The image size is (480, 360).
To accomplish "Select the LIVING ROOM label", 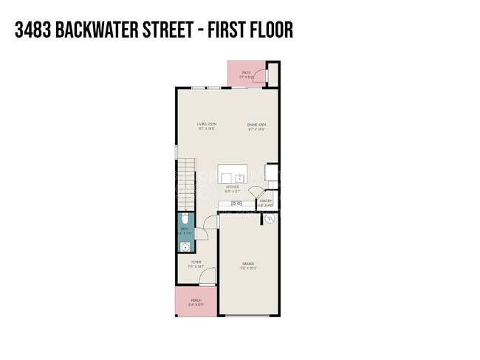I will click(206, 125).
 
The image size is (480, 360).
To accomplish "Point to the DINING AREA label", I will click(256, 125).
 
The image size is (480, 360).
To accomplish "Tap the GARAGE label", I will click(249, 263).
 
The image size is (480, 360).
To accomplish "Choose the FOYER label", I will click(196, 263).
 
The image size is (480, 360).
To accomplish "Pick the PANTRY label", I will click(266, 201).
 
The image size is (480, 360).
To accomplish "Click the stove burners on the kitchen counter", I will click(236, 203).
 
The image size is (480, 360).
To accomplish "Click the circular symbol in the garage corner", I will click(270, 219).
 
